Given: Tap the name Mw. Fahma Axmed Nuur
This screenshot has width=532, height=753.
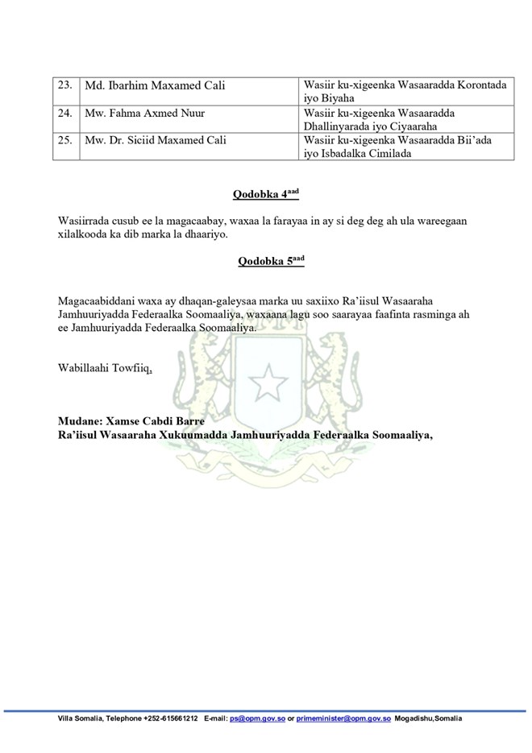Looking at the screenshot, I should [x=144, y=114].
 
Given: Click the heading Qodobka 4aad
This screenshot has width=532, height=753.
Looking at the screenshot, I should [x=265, y=194].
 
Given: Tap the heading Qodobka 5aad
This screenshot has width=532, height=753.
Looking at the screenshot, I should [x=265, y=262].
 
